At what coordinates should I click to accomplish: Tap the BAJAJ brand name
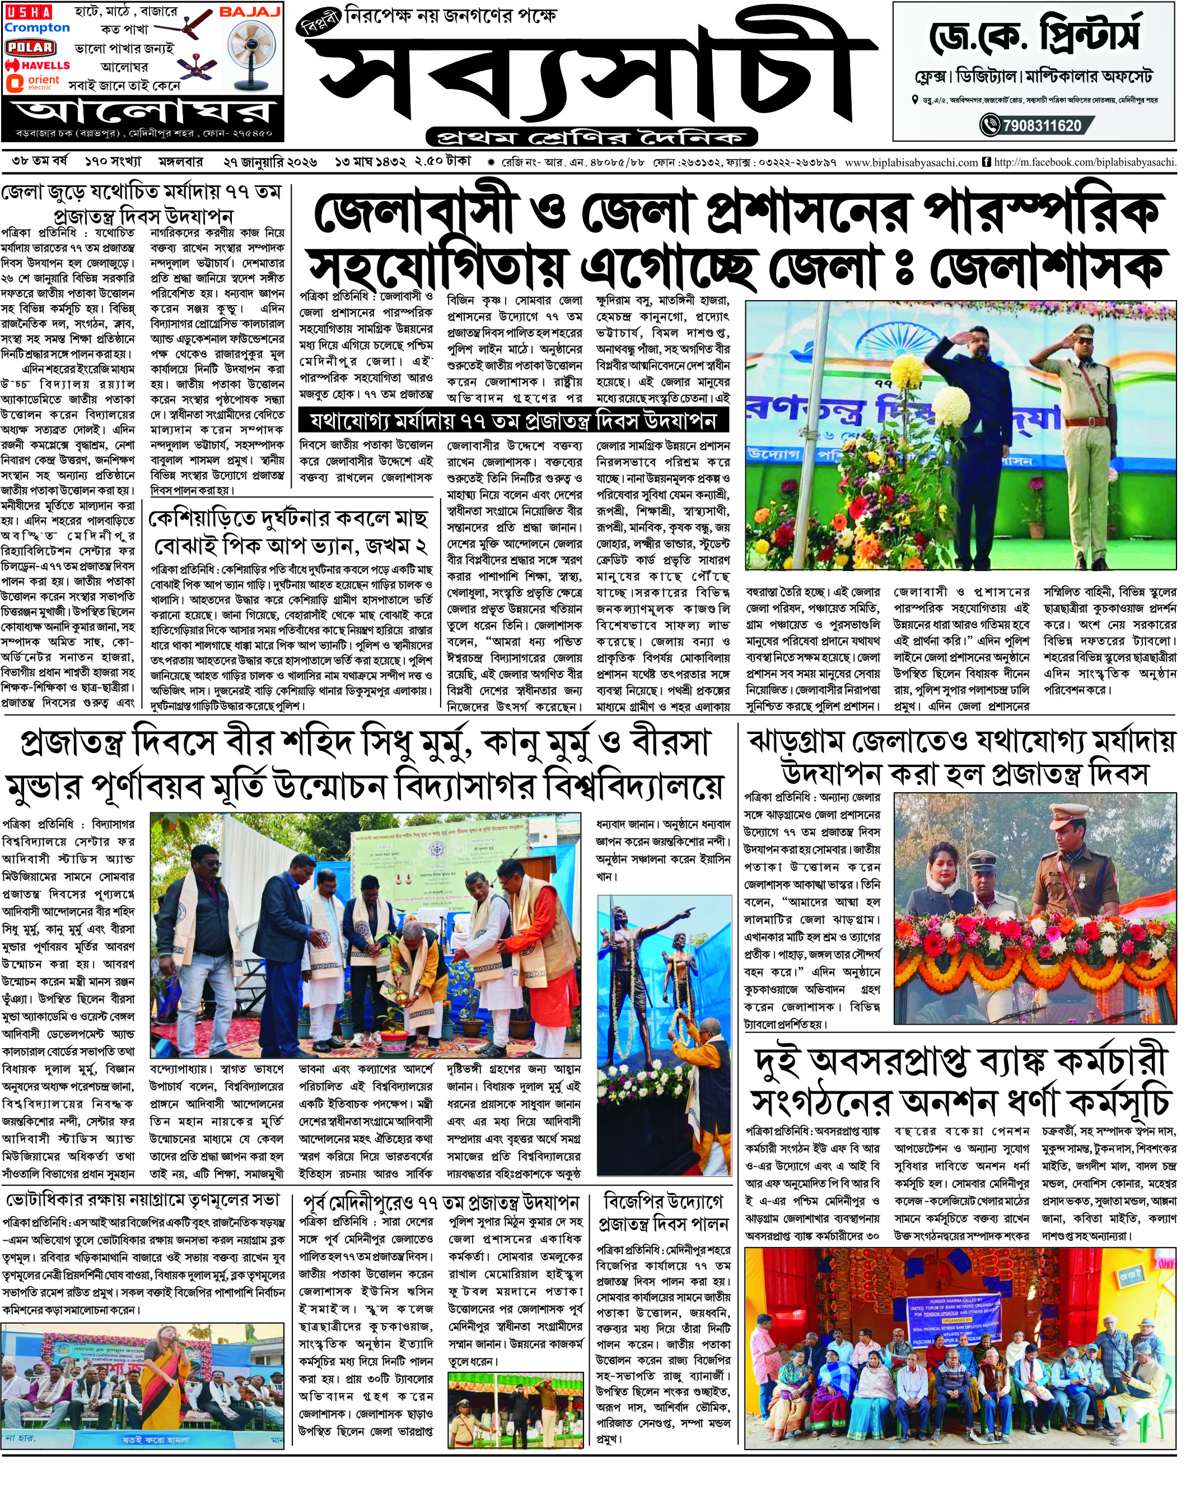pos(250,12)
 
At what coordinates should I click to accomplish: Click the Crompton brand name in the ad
pos(37,28)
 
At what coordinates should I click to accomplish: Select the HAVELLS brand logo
pos(38,66)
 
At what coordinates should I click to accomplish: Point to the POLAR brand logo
pos(30,47)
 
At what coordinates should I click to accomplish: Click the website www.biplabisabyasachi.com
pos(911,162)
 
